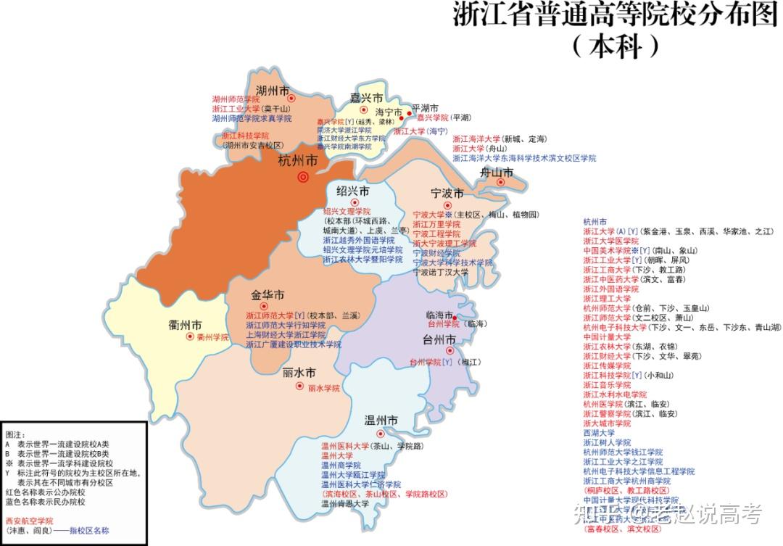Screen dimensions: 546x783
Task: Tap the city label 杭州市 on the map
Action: click(x=297, y=161)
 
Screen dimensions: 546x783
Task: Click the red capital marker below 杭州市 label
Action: click(x=303, y=177)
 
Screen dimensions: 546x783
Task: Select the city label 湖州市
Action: click(x=273, y=91)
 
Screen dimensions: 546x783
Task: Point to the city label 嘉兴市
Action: click(x=365, y=97)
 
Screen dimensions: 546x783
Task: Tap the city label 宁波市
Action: click(x=447, y=194)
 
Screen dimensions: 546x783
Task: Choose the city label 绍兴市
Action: click(x=352, y=191)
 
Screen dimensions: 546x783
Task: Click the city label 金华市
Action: click(x=268, y=296)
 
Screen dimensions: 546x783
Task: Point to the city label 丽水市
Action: click(x=299, y=373)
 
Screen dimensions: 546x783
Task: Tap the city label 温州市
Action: click(x=381, y=421)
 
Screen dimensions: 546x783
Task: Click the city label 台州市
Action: click(x=439, y=339)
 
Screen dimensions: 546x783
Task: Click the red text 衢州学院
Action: click(x=212, y=337)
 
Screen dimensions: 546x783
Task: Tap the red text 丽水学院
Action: click(x=323, y=389)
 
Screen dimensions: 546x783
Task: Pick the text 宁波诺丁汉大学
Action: click(x=441, y=273)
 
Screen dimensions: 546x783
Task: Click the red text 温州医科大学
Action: click(x=345, y=446)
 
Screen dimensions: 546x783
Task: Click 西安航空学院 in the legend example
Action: click(x=29, y=521)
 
